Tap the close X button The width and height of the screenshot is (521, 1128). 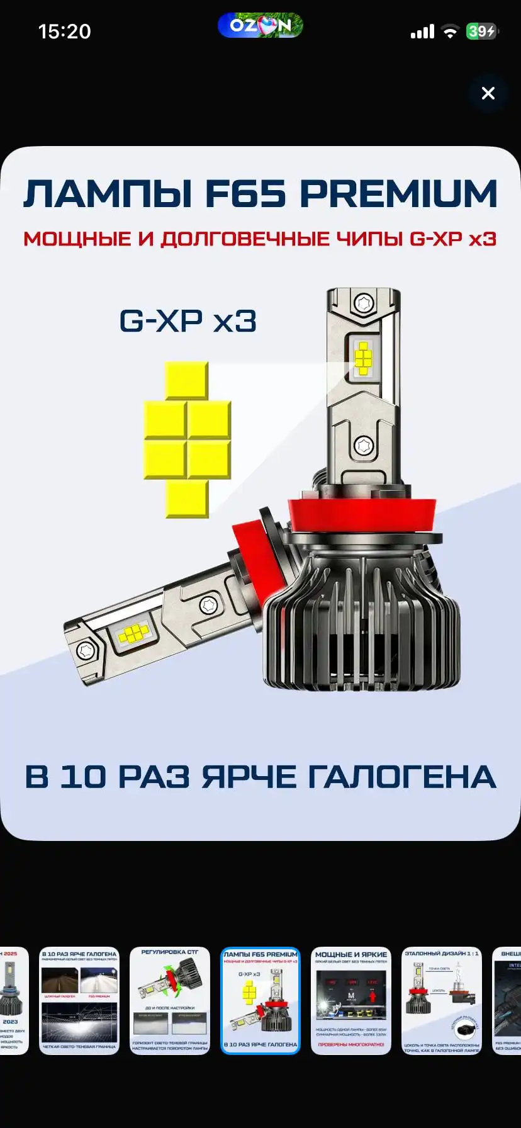[488, 94]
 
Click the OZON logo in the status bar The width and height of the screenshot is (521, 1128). [260, 26]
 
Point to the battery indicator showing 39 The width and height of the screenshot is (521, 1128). [481, 31]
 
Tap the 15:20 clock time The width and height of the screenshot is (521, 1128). [64, 31]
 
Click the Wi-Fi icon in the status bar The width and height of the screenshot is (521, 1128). [450, 32]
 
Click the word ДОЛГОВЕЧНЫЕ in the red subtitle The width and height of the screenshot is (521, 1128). [245, 239]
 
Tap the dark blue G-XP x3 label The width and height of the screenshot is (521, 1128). [188, 322]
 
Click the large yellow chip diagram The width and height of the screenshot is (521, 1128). [188, 439]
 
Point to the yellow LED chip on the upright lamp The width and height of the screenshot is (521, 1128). [364, 358]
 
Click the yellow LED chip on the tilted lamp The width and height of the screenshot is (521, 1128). [133, 634]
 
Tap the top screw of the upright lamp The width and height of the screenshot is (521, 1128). [364, 303]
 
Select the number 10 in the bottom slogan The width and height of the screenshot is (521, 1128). [83, 777]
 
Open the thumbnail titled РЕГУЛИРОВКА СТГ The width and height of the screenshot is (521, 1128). [170, 1000]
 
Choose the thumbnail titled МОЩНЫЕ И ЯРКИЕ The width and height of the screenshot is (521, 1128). [351, 1000]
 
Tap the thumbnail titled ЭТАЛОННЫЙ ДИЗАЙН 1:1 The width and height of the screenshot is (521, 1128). [442, 1000]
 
